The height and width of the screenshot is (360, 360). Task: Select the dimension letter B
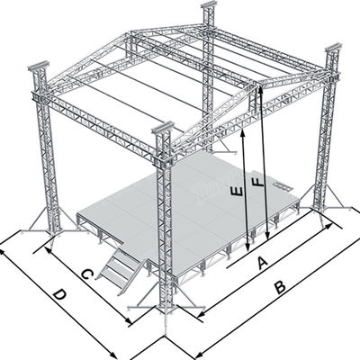click(x=280, y=287)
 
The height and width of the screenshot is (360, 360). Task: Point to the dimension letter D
click(x=59, y=294)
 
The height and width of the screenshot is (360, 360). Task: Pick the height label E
click(x=236, y=191)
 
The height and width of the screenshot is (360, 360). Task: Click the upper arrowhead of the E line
click(x=246, y=125)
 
